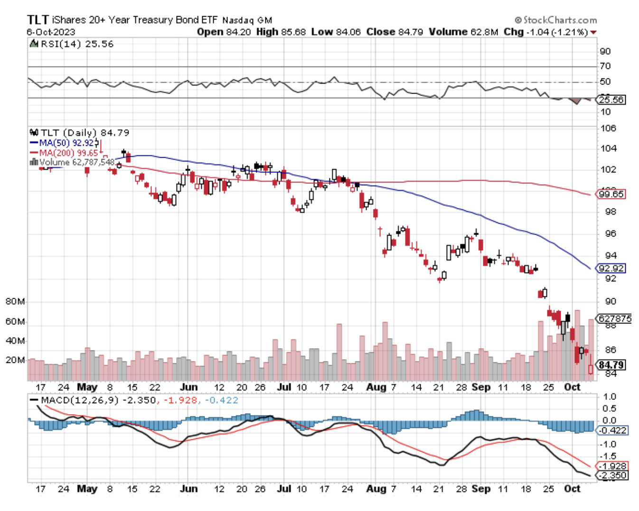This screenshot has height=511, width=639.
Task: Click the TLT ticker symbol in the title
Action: [38, 19]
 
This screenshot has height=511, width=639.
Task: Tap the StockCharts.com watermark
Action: [556, 20]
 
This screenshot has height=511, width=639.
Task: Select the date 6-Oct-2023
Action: [51, 32]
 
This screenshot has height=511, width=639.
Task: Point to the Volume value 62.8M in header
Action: [484, 32]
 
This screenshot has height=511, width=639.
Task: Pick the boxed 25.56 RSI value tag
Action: [611, 100]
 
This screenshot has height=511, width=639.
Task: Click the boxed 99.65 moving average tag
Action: [611, 194]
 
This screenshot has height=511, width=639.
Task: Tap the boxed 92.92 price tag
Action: [611, 268]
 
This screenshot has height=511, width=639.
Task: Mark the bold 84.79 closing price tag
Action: [611, 365]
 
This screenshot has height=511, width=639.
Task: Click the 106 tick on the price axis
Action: [608, 128]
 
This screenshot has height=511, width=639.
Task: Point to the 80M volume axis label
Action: [15, 302]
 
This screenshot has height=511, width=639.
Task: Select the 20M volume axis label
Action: [15, 360]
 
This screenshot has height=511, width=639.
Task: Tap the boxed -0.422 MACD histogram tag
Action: [613, 430]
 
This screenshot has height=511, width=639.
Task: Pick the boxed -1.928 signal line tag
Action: [613, 466]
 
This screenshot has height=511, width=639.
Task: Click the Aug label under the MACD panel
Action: [376, 489]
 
